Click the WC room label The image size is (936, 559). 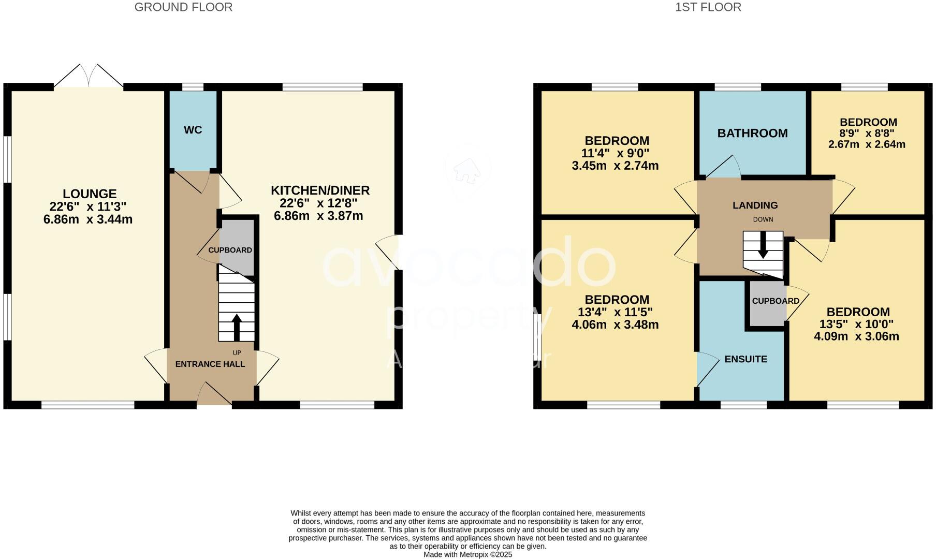pyautogui.click(x=193, y=130)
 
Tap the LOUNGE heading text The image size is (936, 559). pyautogui.click(x=90, y=194)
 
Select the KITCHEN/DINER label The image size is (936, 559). pyautogui.click(x=320, y=190)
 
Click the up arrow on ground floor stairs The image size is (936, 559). pyautogui.click(x=237, y=326)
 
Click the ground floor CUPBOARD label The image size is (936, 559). pyautogui.click(x=230, y=250)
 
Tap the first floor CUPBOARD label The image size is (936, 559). pyautogui.click(x=776, y=301)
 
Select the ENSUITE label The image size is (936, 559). pyautogui.click(x=745, y=359)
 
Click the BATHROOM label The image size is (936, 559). pyautogui.click(x=752, y=134)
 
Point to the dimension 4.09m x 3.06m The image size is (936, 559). pyautogui.click(x=856, y=336)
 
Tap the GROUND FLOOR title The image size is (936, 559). pyautogui.click(x=183, y=7)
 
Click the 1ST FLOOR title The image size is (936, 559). pyautogui.click(x=708, y=7)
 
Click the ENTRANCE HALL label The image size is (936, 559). pyautogui.click(x=210, y=364)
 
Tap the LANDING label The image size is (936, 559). pyautogui.click(x=755, y=205)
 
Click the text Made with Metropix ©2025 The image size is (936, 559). pyautogui.click(x=467, y=554)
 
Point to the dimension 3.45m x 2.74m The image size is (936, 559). pyautogui.click(x=615, y=166)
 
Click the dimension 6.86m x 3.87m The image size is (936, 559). pyautogui.click(x=318, y=216)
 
